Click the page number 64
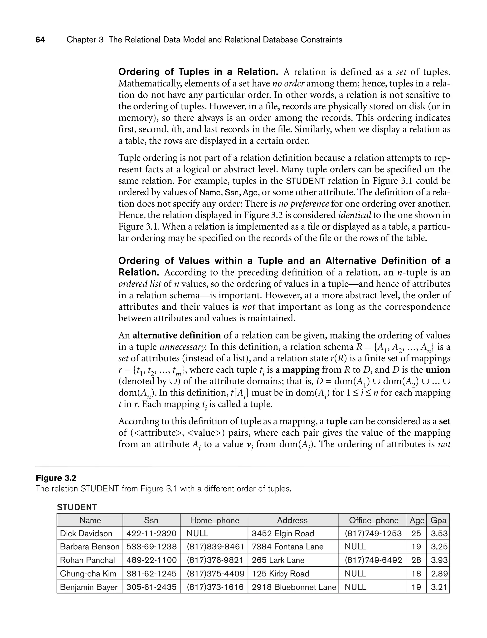tap(40, 40)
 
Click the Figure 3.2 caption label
tap(56, 478)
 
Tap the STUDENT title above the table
tap(77, 507)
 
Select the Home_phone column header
tap(214, 520)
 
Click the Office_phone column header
tap(374, 520)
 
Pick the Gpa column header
tap(438, 520)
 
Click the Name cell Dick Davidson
tap(86, 534)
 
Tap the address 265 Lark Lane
tap(278, 560)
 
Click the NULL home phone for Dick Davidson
tap(197, 534)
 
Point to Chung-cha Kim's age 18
tap(416, 574)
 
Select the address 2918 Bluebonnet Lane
tap(294, 587)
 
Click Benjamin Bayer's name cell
tap(89, 587)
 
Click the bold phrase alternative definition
tap(177, 335)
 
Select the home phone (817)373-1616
tap(215, 587)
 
